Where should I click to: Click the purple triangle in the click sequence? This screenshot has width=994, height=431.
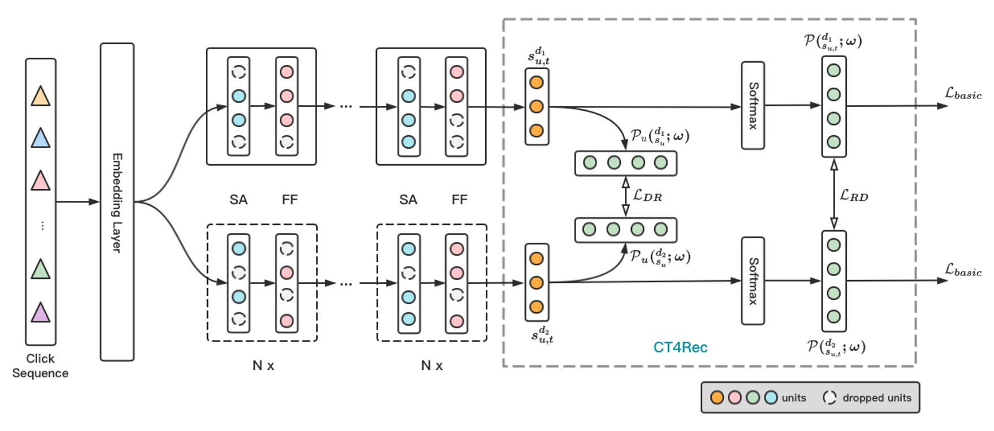pyautogui.click(x=40, y=313)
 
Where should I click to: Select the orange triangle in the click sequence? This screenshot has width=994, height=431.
pyautogui.click(x=40, y=96)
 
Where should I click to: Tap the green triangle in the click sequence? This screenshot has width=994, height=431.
pyautogui.click(x=40, y=269)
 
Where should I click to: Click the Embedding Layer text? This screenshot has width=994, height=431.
pyautogui.click(x=117, y=202)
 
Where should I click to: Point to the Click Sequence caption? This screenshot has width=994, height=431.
pyautogui.click(x=40, y=365)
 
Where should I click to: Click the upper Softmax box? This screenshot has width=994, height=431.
pyautogui.click(x=753, y=106)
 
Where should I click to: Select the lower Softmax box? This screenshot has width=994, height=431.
pyautogui.click(x=753, y=281)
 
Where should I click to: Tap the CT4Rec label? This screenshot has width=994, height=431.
pyautogui.click(x=680, y=347)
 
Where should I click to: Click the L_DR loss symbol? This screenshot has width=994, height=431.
pyautogui.click(x=647, y=196)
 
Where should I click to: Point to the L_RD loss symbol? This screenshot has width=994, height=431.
pyautogui.click(x=854, y=196)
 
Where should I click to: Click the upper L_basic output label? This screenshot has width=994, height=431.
pyautogui.click(x=963, y=94)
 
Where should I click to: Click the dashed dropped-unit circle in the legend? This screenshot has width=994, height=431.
pyautogui.click(x=829, y=398)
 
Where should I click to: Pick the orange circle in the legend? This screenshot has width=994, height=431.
pyautogui.click(x=717, y=398)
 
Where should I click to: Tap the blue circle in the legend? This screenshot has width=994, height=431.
pyautogui.click(x=771, y=398)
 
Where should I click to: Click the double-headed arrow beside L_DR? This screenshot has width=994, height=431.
pyautogui.click(x=625, y=196)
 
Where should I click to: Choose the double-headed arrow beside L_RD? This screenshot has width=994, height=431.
pyautogui.click(x=833, y=194)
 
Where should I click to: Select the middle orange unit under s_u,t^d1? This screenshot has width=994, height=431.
pyautogui.click(x=537, y=106)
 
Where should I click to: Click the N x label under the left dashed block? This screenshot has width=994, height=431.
pyautogui.click(x=263, y=365)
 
